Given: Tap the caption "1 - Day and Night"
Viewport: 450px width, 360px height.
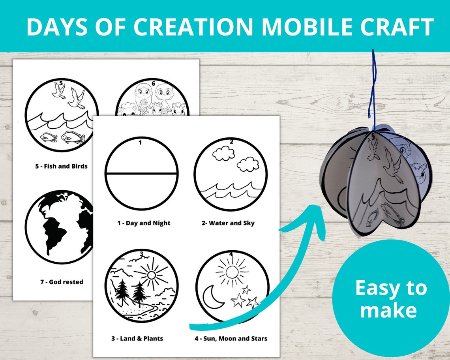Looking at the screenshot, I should click(x=144, y=223).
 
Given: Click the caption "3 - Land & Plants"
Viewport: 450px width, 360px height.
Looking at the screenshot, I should click(x=137, y=338).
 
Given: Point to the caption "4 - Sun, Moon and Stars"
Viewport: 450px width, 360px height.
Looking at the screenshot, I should click(x=231, y=338).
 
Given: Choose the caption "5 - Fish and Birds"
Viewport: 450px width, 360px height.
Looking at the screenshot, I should click(x=61, y=166).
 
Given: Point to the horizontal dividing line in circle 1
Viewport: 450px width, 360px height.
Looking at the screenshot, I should click(x=141, y=174).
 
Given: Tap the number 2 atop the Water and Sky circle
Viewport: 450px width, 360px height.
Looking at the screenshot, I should click(x=231, y=142).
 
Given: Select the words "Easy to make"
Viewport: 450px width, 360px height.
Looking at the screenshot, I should click(x=390, y=299).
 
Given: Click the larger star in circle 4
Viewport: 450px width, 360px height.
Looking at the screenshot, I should click(x=238, y=300).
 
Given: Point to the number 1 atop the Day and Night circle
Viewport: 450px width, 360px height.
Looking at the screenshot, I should click(x=140, y=142).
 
